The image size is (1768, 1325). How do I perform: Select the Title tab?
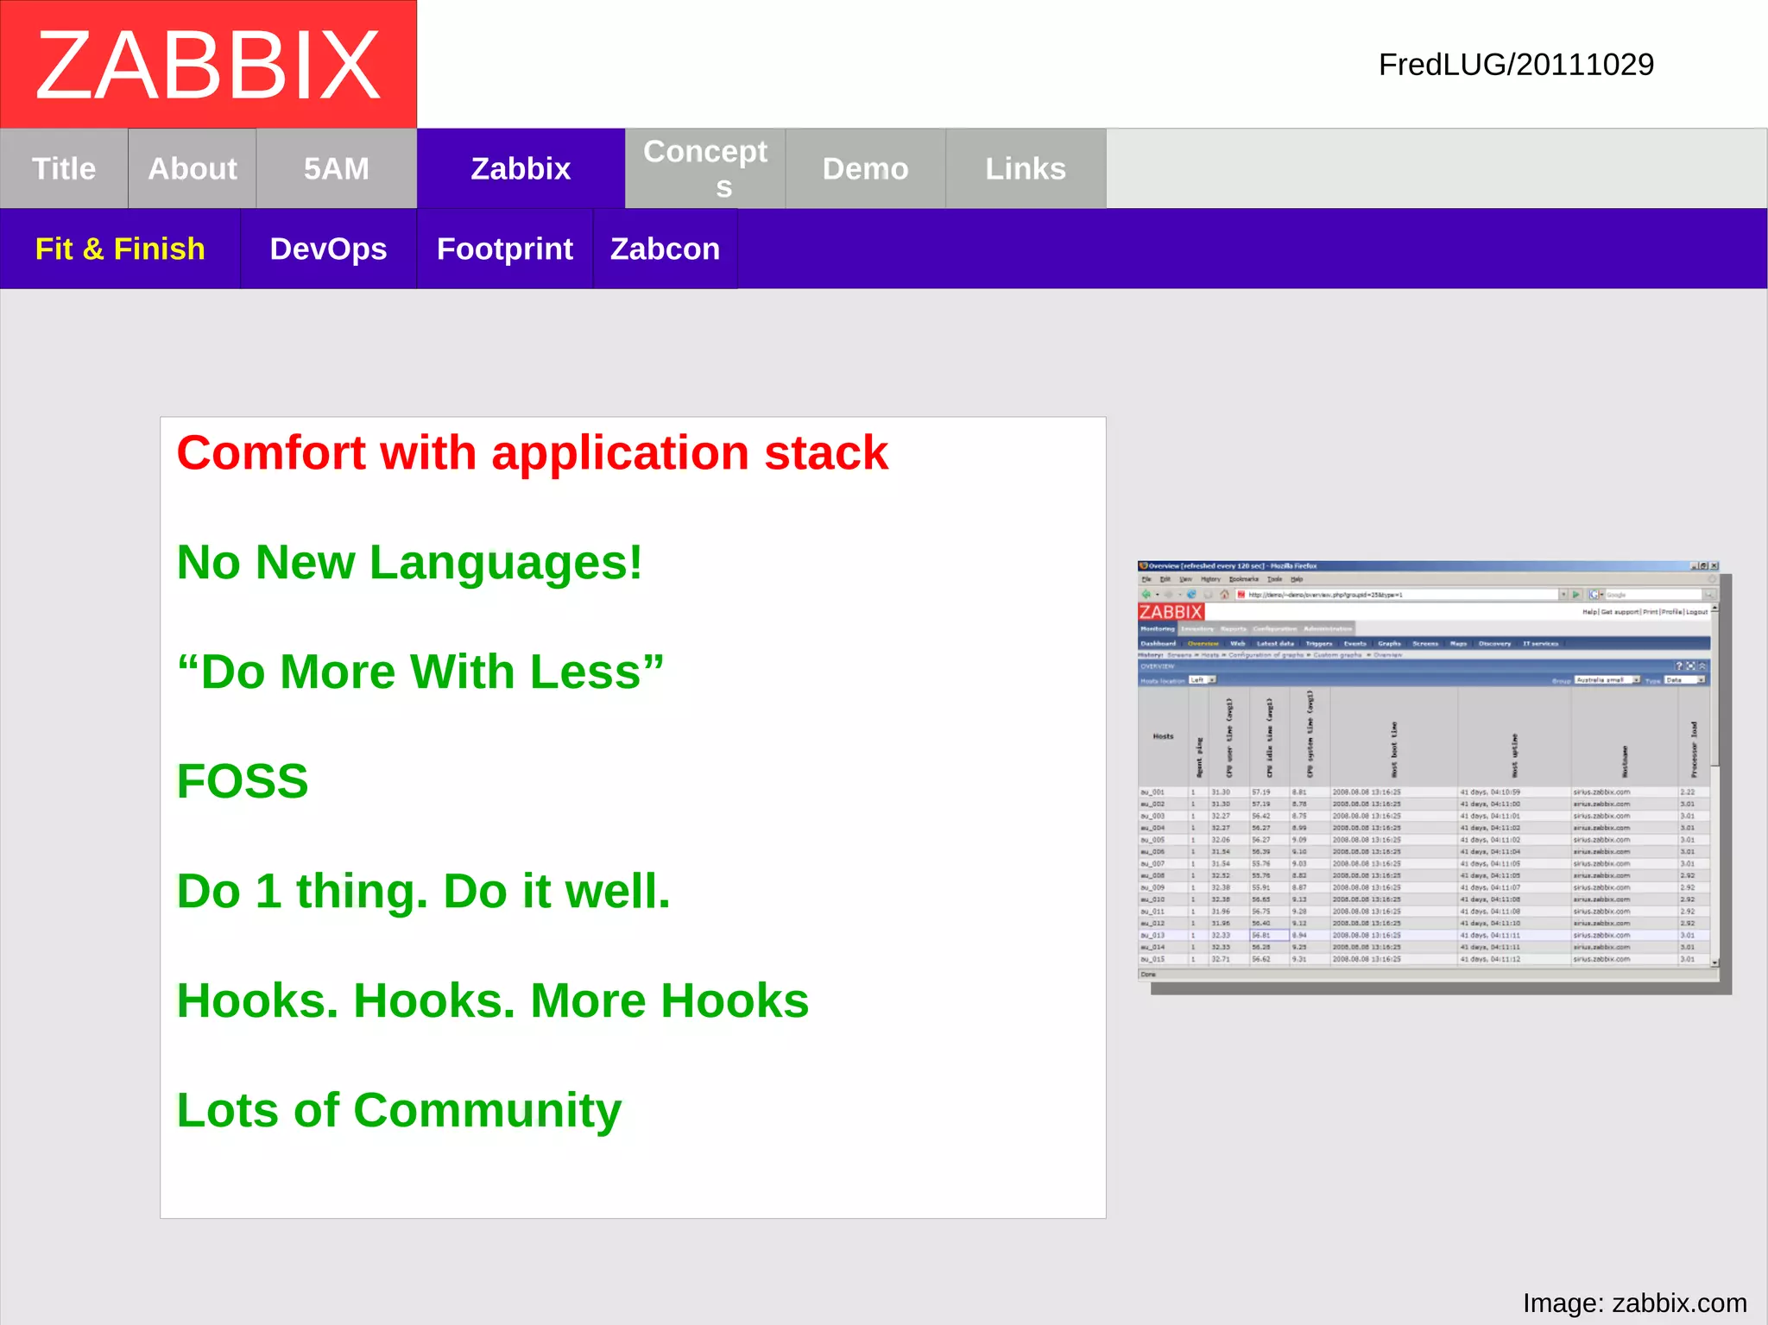(64, 168)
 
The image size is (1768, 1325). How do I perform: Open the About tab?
(192, 168)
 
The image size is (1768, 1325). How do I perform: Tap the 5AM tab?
(336, 168)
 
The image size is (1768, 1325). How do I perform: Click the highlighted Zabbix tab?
(521, 168)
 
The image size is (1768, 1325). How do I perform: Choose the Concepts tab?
(705, 168)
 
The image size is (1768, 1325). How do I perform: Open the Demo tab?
(865, 168)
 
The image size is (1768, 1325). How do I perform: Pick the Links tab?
(1026, 168)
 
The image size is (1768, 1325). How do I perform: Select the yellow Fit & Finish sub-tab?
(120, 249)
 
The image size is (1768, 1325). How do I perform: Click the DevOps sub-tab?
(328, 249)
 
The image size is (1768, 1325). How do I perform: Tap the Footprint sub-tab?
(505, 249)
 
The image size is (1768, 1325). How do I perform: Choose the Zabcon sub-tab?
(665, 249)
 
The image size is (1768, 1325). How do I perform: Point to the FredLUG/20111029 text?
(1516, 65)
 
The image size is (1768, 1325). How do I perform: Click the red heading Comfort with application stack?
(532, 453)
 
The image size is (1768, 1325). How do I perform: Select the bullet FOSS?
(243, 781)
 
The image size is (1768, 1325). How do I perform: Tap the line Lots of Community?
(399, 1110)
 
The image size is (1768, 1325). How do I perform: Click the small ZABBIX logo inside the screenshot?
(1171, 612)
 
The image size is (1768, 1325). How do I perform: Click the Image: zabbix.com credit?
(1634, 1303)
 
